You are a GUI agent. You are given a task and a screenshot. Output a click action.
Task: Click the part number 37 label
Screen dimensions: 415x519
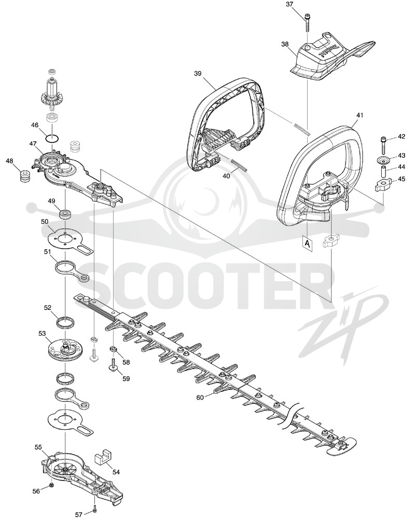pyautogui.click(x=290, y=4)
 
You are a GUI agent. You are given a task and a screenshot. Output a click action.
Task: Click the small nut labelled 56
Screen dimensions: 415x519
pyautogui.click(x=52, y=485)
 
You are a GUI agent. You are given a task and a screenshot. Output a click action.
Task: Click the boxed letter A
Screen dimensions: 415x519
pyautogui.click(x=307, y=244)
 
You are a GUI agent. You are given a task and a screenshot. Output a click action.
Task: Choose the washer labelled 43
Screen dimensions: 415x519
pyautogui.click(x=384, y=160)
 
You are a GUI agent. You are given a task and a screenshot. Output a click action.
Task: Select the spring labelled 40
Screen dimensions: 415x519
pyautogui.click(x=239, y=164)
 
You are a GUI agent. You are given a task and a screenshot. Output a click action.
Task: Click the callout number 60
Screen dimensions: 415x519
pyautogui.click(x=200, y=398)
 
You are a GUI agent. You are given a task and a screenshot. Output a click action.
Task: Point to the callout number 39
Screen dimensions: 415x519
pyautogui.click(x=198, y=74)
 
